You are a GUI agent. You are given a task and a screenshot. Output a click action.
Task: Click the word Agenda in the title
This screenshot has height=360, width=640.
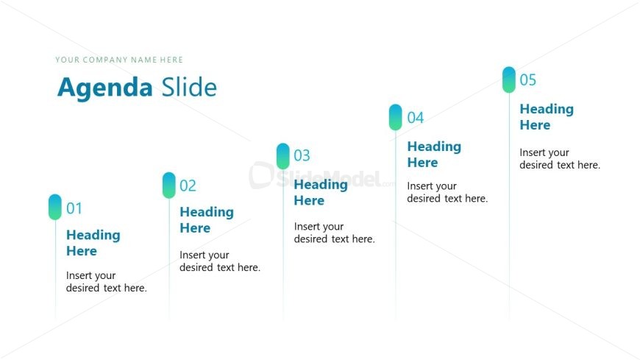[x=104, y=88]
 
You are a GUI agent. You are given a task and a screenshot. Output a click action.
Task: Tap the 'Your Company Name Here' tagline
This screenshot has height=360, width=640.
[x=119, y=60]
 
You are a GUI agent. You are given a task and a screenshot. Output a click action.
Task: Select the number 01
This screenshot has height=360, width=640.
[x=74, y=208]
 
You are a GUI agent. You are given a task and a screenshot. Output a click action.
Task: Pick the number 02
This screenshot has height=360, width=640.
[x=188, y=186]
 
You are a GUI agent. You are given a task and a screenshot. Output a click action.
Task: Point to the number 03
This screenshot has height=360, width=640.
[x=302, y=155]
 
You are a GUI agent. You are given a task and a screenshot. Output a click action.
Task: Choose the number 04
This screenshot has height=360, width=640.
[x=416, y=118]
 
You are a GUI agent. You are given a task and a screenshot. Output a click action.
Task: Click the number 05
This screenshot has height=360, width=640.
[x=528, y=80]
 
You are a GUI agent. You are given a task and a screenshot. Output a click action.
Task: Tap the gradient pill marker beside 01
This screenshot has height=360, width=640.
[x=55, y=207]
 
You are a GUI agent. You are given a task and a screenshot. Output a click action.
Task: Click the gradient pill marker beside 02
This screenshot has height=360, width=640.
[x=169, y=185]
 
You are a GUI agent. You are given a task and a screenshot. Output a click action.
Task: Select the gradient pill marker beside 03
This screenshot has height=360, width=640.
[x=283, y=155]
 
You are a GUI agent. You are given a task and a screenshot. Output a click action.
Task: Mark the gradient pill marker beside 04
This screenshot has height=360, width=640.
[x=396, y=117]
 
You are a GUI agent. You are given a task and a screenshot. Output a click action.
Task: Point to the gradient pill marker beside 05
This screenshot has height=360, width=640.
[x=509, y=80]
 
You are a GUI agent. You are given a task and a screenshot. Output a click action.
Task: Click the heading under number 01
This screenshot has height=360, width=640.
[x=93, y=243]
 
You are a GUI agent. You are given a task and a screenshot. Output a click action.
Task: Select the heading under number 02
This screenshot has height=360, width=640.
[x=206, y=220]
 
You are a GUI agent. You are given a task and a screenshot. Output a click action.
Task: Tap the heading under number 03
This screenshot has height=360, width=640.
[x=320, y=192]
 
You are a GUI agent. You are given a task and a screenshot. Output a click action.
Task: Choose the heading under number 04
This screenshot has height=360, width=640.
[x=434, y=155]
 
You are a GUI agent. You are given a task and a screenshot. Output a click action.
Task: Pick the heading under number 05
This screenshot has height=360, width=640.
[x=546, y=117]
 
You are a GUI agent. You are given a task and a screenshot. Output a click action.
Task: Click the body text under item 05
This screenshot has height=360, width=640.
[x=560, y=159]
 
